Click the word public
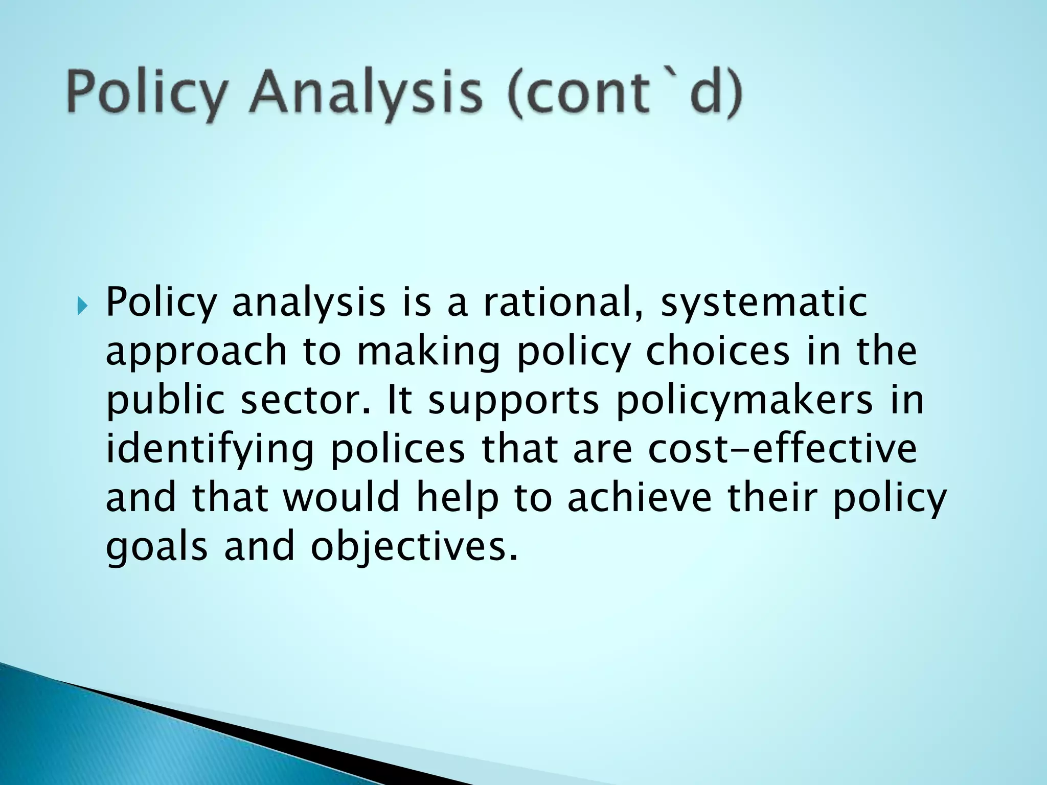(165, 402)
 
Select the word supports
(513, 402)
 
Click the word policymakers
(744, 402)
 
